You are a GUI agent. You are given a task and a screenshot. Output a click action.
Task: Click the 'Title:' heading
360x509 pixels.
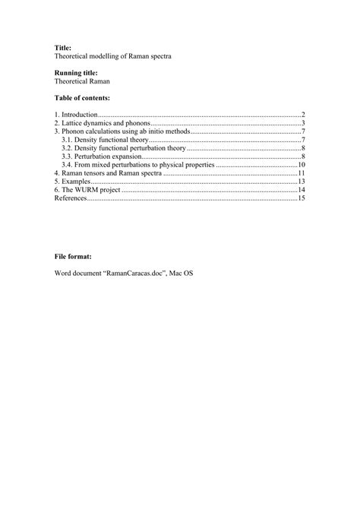[62, 47]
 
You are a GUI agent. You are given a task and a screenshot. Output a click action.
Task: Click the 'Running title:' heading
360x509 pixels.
[76, 72]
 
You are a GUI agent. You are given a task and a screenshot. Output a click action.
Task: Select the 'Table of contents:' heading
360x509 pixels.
[82, 98]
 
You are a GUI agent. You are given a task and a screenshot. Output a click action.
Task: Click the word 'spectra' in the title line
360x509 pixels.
[156, 56]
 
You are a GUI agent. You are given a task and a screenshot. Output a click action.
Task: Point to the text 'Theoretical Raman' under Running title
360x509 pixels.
[84, 81]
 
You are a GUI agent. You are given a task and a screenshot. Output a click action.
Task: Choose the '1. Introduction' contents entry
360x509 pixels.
[76, 114]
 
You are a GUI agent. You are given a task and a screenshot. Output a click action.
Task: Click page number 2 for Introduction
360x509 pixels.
[302, 114]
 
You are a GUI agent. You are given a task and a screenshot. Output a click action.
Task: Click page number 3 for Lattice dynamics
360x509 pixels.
[302, 122]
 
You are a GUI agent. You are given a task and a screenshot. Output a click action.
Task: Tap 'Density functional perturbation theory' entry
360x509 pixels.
[122, 148]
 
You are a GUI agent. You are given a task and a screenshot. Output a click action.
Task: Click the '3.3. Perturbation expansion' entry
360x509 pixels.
[99, 156]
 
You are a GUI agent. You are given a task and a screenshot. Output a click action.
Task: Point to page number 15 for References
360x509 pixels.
[301, 199]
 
